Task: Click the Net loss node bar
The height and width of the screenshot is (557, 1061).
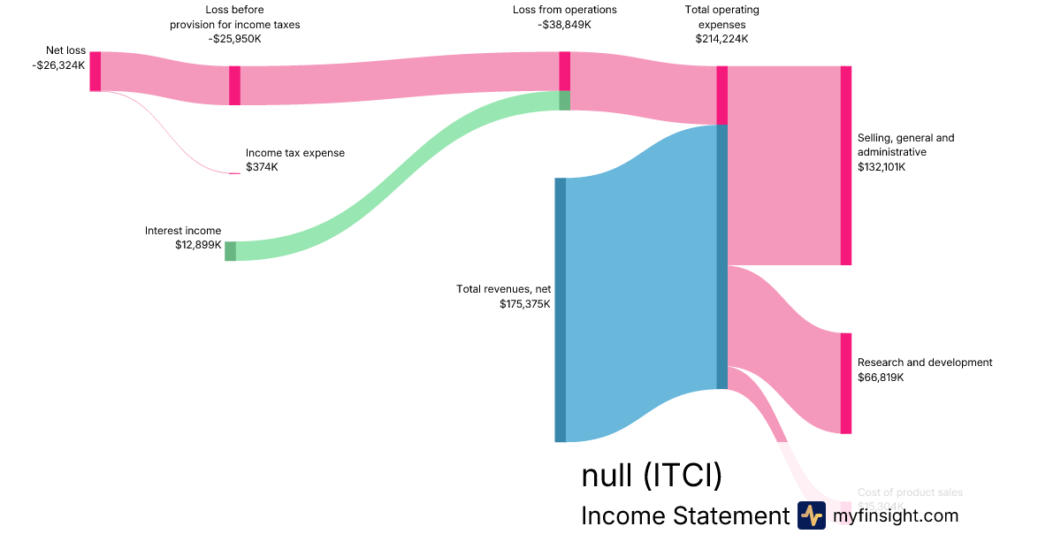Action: (x=95, y=71)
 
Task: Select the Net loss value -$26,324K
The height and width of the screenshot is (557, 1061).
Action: (x=58, y=65)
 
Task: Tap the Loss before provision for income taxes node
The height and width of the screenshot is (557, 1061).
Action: (x=234, y=86)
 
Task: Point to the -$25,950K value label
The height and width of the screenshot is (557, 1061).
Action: (x=234, y=39)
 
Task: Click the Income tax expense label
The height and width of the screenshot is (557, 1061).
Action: (x=295, y=153)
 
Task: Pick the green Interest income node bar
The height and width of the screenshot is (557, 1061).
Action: (x=230, y=251)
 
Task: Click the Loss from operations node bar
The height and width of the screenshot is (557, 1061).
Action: (x=564, y=71)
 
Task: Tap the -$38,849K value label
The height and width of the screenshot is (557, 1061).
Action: (x=564, y=25)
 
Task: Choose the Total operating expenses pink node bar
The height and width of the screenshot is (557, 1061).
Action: (x=721, y=95)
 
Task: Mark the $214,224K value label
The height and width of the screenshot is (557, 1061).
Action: (x=721, y=39)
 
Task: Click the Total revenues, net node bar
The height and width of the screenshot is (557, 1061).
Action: (x=560, y=309)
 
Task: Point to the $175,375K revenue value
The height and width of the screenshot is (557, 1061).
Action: (x=524, y=304)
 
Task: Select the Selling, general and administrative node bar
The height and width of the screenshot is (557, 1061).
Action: (x=845, y=165)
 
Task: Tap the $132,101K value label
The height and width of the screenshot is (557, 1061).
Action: (x=882, y=166)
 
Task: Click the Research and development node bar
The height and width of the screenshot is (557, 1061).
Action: (x=845, y=383)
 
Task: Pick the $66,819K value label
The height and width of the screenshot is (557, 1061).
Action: (x=880, y=378)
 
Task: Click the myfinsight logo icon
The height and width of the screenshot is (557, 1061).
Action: (x=811, y=515)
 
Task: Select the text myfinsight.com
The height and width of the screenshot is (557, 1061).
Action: (x=895, y=515)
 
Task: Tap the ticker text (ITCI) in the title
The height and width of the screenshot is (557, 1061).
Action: (x=682, y=476)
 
